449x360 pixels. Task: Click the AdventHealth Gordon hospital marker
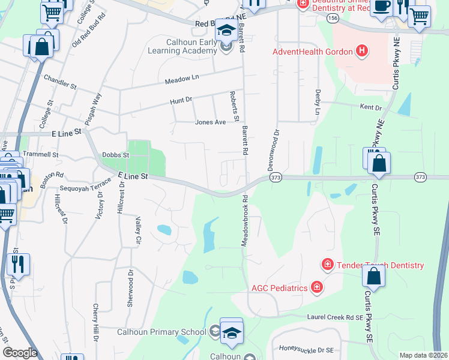coord(361,52)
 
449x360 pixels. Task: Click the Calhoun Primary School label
coord(161,331)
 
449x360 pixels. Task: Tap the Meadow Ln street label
coord(182,78)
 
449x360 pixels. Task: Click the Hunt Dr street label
coord(181,100)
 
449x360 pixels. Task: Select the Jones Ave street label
coord(210,122)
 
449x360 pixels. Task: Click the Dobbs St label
coord(116,155)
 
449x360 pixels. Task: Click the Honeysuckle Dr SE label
coord(312,349)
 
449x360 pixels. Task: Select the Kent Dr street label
coord(370,107)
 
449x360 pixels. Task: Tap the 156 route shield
coord(333,19)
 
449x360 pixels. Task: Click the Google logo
coord(20,352)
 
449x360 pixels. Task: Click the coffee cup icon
coord(381,6)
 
